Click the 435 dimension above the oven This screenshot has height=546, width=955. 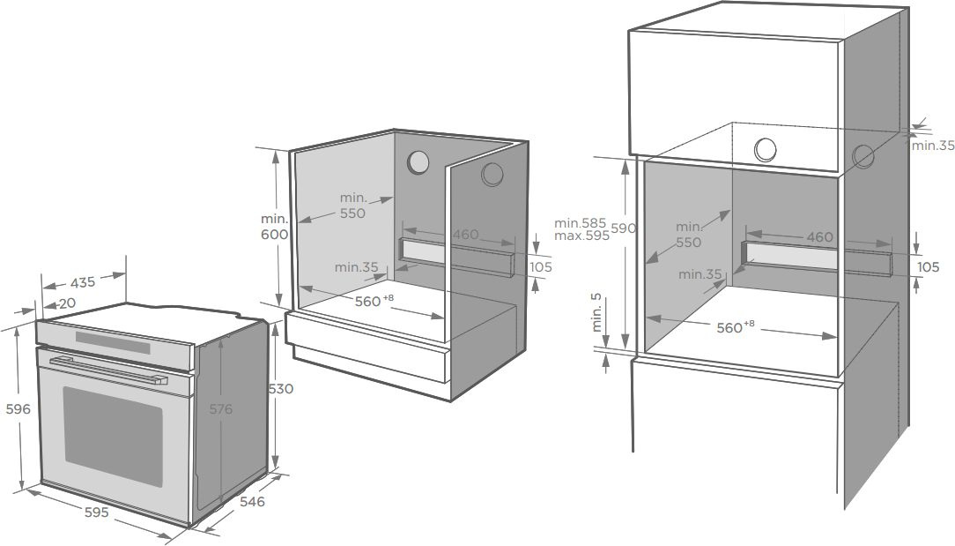pyautogui.click(x=83, y=283)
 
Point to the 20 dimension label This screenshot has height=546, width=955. pyautogui.click(x=67, y=303)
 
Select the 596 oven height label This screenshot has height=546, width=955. pyautogui.click(x=19, y=409)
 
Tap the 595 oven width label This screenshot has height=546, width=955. pyautogui.click(x=96, y=512)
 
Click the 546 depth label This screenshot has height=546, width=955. pyautogui.click(x=252, y=502)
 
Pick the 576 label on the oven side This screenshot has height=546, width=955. pyautogui.click(x=220, y=409)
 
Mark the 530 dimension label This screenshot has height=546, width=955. pyautogui.click(x=281, y=389)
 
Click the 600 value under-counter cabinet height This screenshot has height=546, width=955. pyautogui.click(x=275, y=235)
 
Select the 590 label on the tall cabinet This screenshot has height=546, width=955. pyautogui.click(x=623, y=228)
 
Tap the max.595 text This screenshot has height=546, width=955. pyautogui.click(x=581, y=236)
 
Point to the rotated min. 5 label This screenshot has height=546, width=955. pyautogui.click(x=596, y=312)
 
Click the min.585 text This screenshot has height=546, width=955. pyautogui.click(x=580, y=222)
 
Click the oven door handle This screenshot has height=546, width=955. pyautogui.click(x=108, y=371)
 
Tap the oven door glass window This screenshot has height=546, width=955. pyautogui.click(x=114, y=436)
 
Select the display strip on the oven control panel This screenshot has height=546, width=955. pyautogui.click(x=113, y=342)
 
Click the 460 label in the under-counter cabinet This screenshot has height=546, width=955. pyautogui.click(x=465, y=235)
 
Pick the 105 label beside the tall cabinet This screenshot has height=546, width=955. pyautogui.click(x=929, y=267)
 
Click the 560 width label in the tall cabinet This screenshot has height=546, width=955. pyautogui.click(x=729, y=328)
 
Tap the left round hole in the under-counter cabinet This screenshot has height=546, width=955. pyautogui.click(x=418, y=162)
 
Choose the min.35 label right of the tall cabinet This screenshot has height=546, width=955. pyautogui.click(x=933, y=146)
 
